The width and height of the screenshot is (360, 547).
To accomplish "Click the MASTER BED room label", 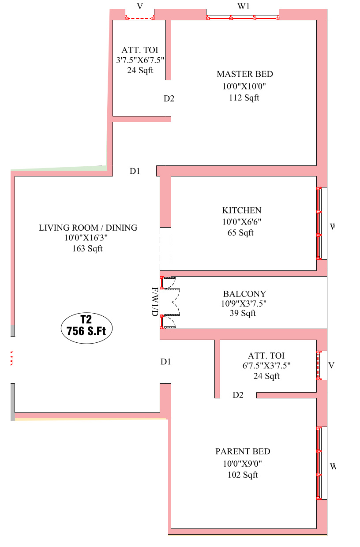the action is pos(245,74).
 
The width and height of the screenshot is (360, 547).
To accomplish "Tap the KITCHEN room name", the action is pos(242,210).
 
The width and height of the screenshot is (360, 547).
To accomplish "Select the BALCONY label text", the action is pos(244,294).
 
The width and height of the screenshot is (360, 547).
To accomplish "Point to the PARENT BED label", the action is pos(243,452).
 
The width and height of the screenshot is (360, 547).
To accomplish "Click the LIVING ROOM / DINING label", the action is pos(88,228).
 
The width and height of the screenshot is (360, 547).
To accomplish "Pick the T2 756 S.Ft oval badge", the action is pos(86,328).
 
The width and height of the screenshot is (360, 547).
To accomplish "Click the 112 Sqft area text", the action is pos(244,97).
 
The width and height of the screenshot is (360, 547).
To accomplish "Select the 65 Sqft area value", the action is pos(240,233).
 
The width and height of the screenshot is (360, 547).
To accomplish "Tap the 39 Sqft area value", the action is pos(243,313).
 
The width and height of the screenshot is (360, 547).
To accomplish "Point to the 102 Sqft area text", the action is pos(243,475).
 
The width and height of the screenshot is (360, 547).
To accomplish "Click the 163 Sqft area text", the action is pos(87,249).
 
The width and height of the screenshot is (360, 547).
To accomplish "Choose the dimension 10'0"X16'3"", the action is pos(86,238).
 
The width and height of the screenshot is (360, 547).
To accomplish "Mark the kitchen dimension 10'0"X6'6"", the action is pos(242,222).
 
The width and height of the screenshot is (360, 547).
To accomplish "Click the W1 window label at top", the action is pos(244,6).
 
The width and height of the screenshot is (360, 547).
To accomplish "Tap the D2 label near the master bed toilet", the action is pos(169,99).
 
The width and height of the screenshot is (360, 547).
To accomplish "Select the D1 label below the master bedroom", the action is pos(135,171).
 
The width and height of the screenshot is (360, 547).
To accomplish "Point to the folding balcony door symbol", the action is pos(170,303).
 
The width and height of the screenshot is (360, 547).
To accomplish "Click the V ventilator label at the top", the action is pos(140,6).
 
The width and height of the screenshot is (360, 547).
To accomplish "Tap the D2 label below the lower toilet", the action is pos(238,395).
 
